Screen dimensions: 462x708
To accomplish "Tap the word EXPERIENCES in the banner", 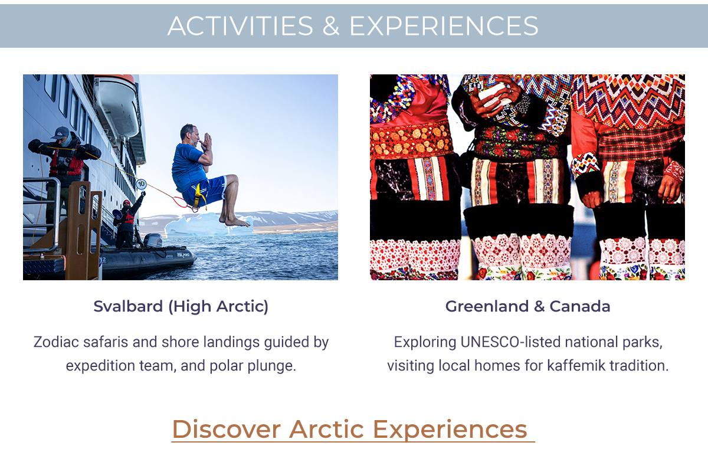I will [x=444, y=26].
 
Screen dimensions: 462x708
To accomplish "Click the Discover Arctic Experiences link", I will [x=353, y=429].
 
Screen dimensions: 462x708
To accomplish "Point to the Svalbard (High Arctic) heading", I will [x=181, y=306].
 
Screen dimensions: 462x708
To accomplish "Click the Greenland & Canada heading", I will [x=527, y=306].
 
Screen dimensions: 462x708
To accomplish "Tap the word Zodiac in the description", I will [x=54, y=342].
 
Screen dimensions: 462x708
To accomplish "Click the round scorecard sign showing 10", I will [x=141, y=184].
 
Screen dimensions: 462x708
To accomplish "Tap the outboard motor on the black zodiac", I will [x=153, y=241].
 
